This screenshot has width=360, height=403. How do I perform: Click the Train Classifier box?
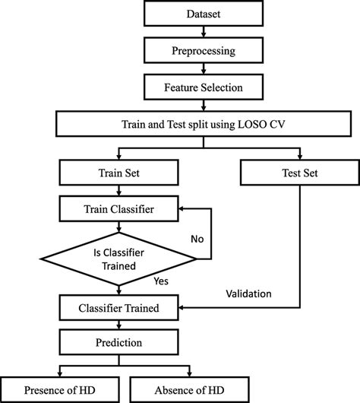point(118,206)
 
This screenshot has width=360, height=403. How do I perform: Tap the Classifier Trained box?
point(118,308)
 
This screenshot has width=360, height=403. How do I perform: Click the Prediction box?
point(118,343)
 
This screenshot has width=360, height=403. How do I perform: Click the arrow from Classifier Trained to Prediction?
point(118,325)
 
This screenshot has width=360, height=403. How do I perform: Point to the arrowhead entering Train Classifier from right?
point(183,206)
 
